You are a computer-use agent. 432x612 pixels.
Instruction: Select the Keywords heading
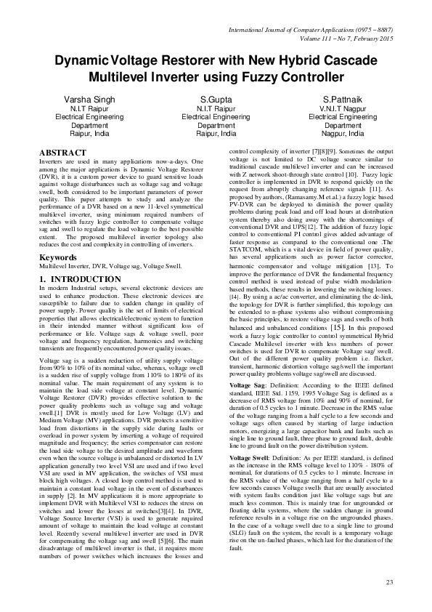[58, 258]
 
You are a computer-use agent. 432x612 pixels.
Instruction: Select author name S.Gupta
[216, 97]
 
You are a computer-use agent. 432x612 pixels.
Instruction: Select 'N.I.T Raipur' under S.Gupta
[216, 107]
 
